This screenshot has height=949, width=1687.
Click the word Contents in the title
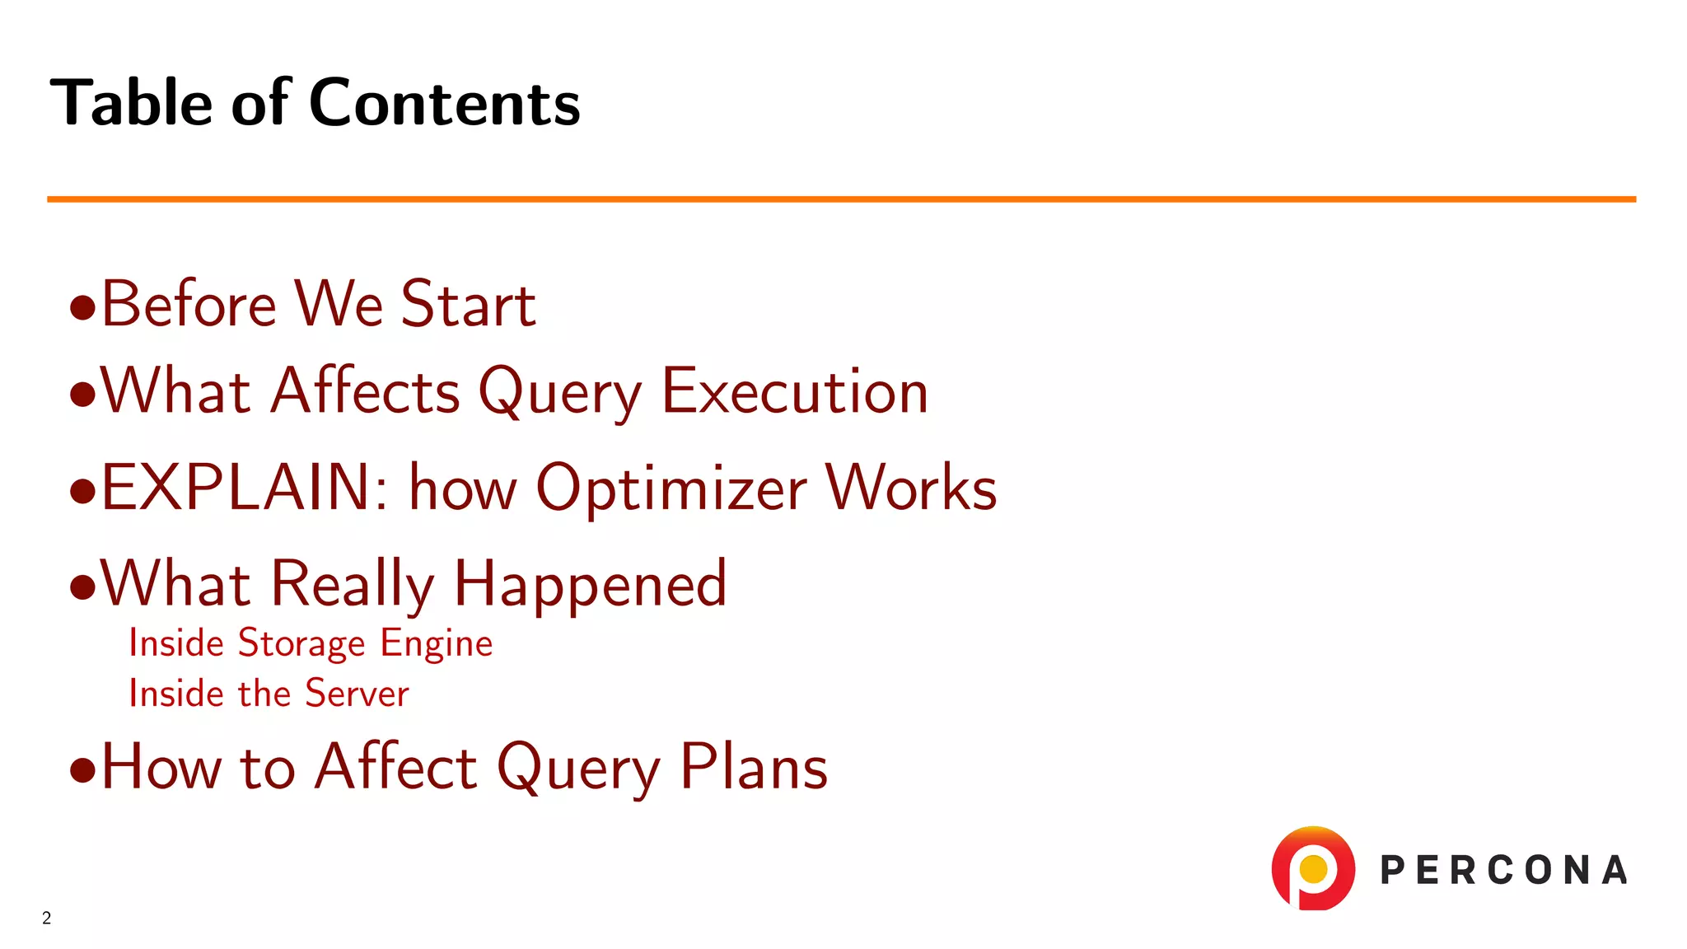[445, 104]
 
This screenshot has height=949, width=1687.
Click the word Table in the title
[132, 104]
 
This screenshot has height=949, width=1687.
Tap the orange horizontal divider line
[840, 199]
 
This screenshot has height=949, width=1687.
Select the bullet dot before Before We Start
[82, 308]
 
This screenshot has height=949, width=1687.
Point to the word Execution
[795, 392]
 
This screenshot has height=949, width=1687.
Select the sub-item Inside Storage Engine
[311, 643]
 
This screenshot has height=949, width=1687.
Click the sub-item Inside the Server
[269, 694]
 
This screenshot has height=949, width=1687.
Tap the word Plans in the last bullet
[754, 768]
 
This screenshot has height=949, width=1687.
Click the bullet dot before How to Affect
[82, 771]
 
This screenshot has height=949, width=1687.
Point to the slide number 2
[47, 918]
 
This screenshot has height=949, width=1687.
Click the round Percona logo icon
[1313, 868]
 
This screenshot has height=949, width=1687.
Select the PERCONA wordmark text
[1504, 871]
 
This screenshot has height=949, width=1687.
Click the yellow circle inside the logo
[1313, 867]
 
